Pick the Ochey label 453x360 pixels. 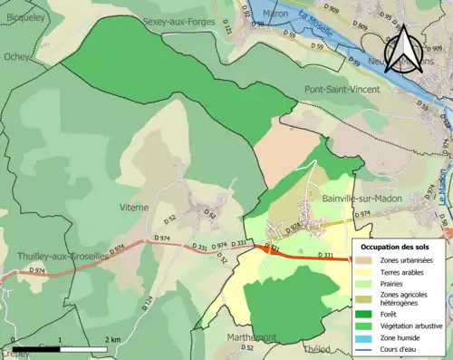(x=16, y=56)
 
